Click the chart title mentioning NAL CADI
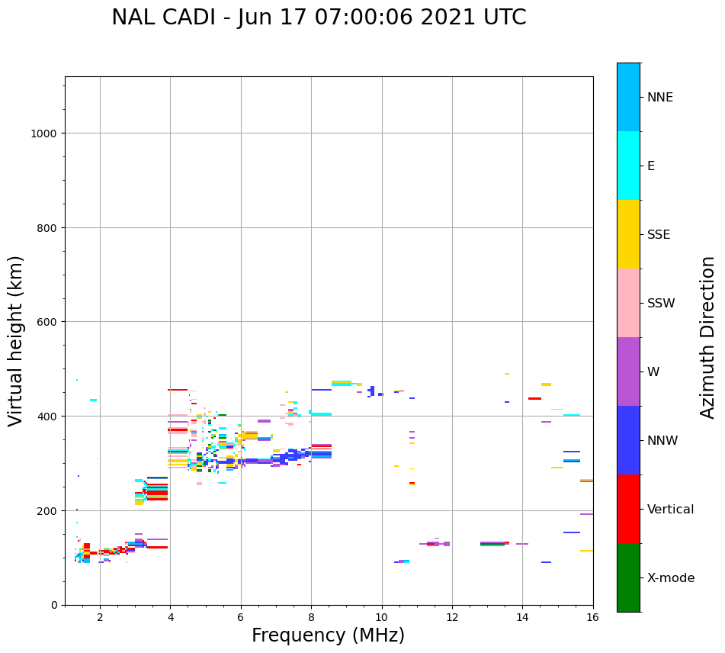[x=319, y=18]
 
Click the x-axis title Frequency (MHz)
[x=328, y=635]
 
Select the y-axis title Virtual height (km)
[x=16, y=340]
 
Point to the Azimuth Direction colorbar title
[x=708, y=337]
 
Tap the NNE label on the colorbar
[x=660, y=97]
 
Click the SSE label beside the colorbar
[x=659, y=234]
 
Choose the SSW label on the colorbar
[x=661, y=303]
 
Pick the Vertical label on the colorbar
[x=670, y=509]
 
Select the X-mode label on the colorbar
[x=671, y=577]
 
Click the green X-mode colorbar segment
[x=628, y=577]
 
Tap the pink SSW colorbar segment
[x=628, y=303]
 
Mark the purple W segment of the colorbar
[x=628, y=372]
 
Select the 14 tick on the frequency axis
[x=522, y=617]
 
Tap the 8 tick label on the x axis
[x=311, y=617]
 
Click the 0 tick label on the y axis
[x=54, y=605]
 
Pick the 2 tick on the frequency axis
[x=100, y=617]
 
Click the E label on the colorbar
[x=651, y=166]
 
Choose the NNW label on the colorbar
[x=662, y=440]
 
